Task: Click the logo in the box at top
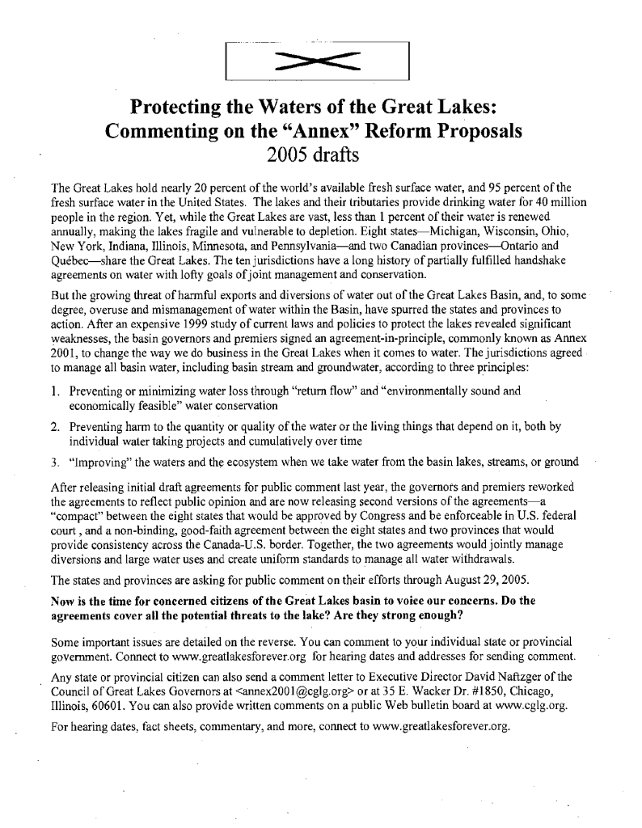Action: (317, 61)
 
